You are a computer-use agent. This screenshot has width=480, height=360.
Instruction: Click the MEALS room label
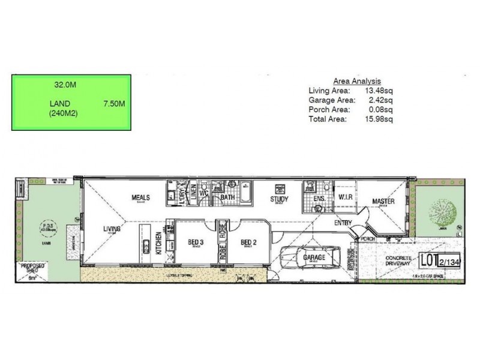coord(140,197)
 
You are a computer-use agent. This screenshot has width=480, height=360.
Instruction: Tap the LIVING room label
coord(112,229)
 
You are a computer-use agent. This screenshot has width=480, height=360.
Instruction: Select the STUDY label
coord(279,200)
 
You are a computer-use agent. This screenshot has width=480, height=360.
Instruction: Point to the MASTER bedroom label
coord(383,201)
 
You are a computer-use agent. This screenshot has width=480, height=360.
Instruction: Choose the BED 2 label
coord(248,242)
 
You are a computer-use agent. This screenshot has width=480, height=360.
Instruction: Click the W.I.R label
coord(344,197)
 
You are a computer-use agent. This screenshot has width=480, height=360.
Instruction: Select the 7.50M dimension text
coord(113,104)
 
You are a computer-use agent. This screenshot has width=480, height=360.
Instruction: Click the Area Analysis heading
coord(357,81)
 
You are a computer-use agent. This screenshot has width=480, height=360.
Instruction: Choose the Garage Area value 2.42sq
coord(381,100)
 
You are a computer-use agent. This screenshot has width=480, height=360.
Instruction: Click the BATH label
coord(227,197)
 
